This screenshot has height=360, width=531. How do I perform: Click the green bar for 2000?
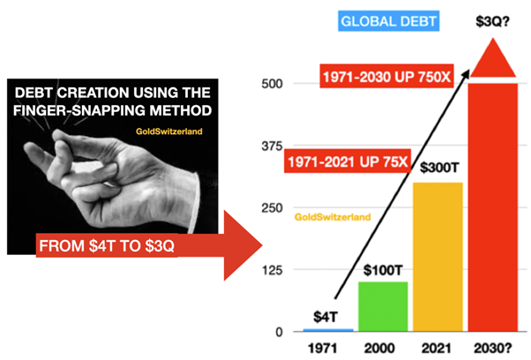click(383, 306)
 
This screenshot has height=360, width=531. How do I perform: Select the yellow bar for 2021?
click(438, 257)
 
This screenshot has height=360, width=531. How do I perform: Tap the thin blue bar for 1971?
click(328, 330)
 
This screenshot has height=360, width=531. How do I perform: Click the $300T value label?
click(439, 168)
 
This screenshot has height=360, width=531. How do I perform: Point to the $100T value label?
click(383, 270)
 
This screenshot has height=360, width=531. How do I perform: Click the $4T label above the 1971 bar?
click(325, 317)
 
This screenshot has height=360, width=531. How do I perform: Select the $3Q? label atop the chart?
click(492, 21)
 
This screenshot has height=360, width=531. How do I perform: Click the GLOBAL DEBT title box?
click(388, 21)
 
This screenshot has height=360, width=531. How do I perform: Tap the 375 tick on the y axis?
click(272, 146)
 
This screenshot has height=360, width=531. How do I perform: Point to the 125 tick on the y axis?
click(272, 270)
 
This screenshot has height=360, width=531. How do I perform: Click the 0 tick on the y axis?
click(279, 332)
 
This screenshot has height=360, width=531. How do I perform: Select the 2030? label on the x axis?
click(493, 349)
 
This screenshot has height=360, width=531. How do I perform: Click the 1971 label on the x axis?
click(323, 349)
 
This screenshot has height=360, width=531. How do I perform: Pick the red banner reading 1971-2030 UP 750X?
click(386, 77)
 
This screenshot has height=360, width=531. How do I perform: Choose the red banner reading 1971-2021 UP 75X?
click(348, 161)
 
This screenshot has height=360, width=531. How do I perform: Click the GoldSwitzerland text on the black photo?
click(169, 131)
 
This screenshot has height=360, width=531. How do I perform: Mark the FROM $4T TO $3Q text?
click(107, 245)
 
